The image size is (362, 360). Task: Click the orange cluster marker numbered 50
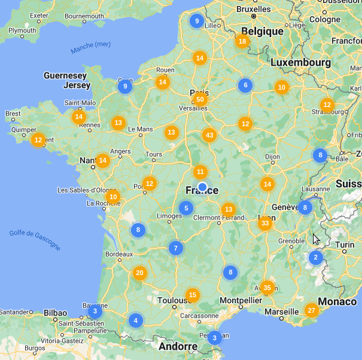(x=200, y=99)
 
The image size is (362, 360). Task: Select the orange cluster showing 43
(x=209, y=135)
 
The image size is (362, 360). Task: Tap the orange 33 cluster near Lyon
(x=265, y=224)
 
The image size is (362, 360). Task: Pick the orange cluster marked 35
(x=267, y=288)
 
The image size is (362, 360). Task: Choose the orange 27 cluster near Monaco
(x=311, y=310)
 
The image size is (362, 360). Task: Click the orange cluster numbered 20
(x=139, y=273)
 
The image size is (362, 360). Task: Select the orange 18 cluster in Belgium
(x=242, y=41)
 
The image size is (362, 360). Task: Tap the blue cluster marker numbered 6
(x=244, y=85)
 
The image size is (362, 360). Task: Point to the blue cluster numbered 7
(x=175, y=248)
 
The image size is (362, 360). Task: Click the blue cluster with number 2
(x=315, y=258)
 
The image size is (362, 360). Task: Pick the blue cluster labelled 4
(x=136, y=320)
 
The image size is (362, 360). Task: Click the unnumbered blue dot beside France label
(x=202, y=187)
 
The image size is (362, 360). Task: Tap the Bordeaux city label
(x=118, y=254)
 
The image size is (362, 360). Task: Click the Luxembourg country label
(x=300, y=62)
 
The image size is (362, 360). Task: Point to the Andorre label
(x=178, y=346)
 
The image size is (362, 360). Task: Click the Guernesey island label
(x=65, y=76)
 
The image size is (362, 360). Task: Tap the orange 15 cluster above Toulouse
(x=192, y=295)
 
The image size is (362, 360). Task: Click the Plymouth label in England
(x=22, y=30)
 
